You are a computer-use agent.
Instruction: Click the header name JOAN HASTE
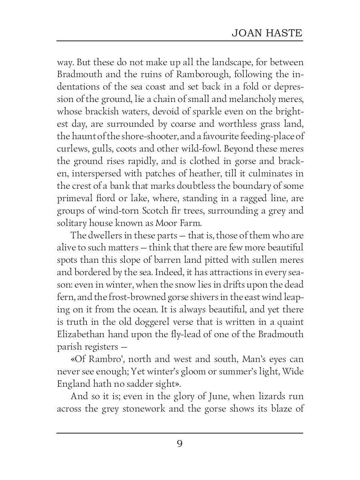click(x=267, y=33)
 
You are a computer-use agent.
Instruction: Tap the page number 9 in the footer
click(x=180, y=444)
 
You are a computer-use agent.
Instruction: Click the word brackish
click(x=105, y=112)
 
